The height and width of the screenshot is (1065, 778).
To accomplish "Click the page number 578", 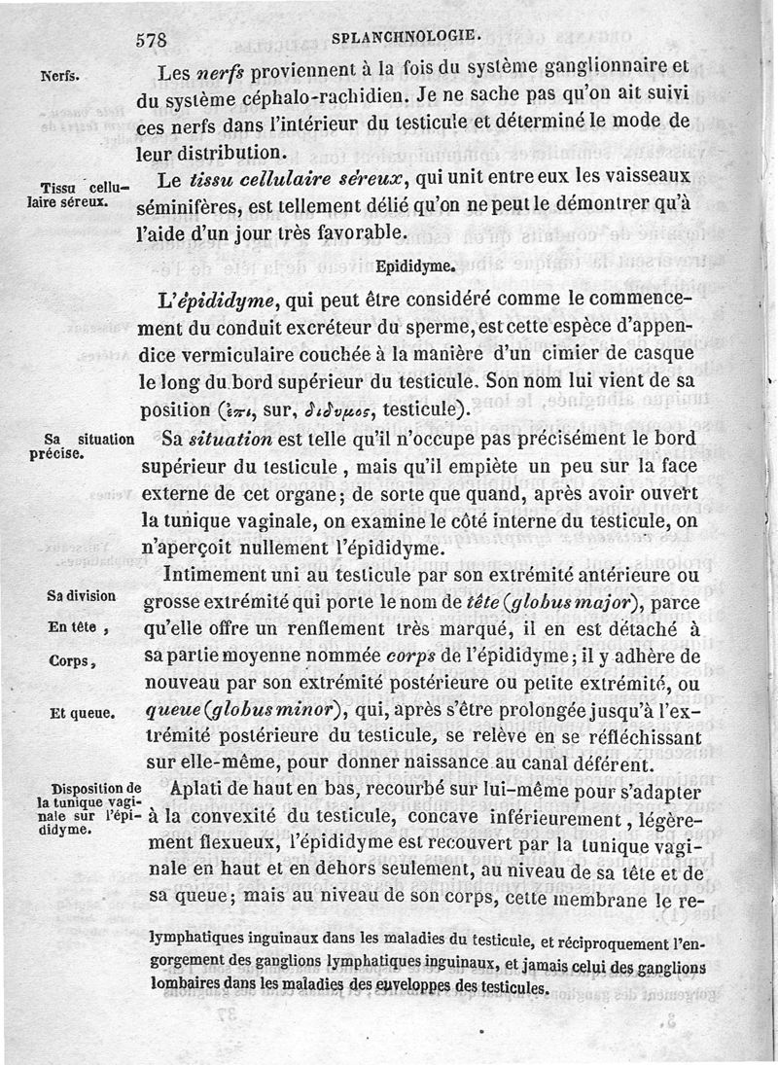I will (153, 41).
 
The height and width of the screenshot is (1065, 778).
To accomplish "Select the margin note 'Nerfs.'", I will (59, 74).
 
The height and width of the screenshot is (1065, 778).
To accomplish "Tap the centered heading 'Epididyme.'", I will (416, 264).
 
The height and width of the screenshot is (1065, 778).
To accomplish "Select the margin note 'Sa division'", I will (82, 595).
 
